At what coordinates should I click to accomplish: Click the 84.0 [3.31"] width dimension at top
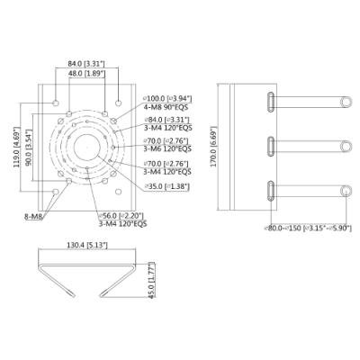(86, 64)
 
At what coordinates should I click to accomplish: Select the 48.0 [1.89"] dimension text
(86, 73)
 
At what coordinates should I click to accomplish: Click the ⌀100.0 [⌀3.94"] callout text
(167, 98)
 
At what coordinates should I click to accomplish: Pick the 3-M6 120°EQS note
(167, 148)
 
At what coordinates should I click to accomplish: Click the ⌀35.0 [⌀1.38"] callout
(166, 186)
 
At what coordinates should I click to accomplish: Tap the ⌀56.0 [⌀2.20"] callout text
(121, 215)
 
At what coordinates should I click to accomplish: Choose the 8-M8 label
(33, 216)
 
